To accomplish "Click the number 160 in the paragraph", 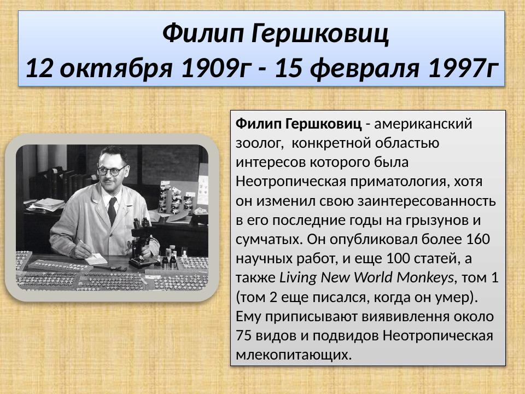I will pos(479,239).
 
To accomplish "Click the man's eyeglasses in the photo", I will pos(113,171).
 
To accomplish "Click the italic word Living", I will pos(299,277).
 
